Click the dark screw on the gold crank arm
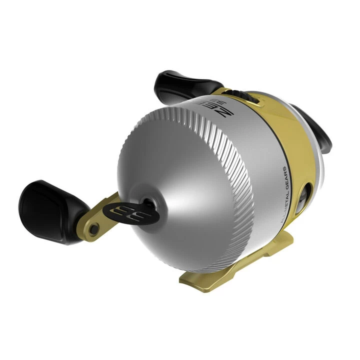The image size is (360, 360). click(92, 228)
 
